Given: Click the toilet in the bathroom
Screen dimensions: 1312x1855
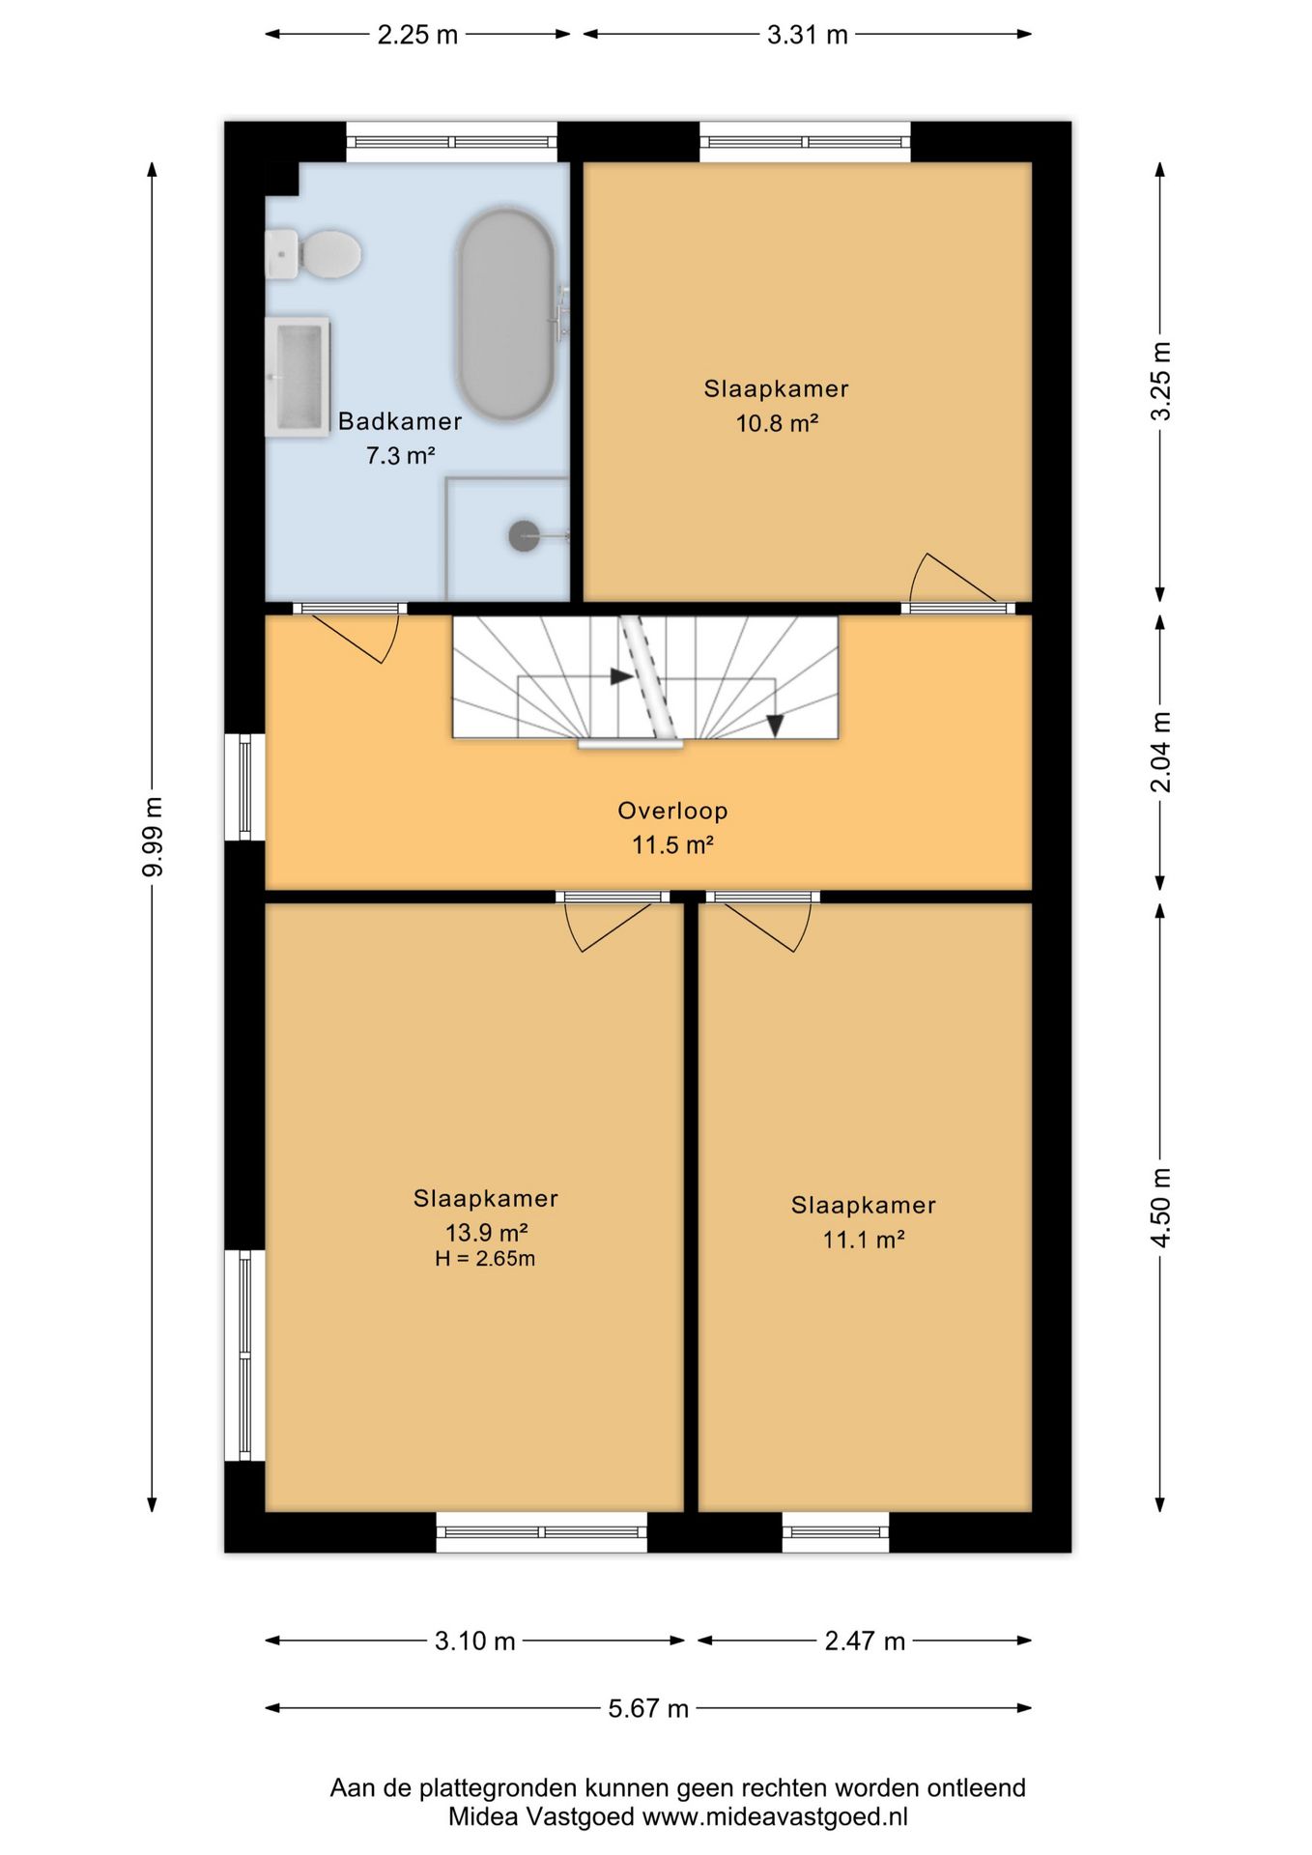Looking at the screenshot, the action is (313, 254).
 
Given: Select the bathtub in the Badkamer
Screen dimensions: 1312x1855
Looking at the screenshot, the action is (506, 314).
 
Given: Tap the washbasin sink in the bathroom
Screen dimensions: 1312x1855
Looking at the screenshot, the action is (298, 376).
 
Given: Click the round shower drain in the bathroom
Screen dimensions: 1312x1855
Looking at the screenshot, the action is (525, 535).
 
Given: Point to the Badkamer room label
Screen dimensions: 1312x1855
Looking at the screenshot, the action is (400, 421).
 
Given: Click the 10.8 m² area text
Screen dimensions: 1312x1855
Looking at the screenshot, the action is (778, 423).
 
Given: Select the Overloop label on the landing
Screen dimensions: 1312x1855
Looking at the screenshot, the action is (672, 811).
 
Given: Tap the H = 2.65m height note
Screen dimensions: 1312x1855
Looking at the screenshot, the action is (485, 1258).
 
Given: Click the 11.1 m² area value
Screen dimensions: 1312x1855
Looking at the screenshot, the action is (864, 1240).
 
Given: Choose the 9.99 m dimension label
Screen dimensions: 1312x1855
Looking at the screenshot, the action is (153, 837).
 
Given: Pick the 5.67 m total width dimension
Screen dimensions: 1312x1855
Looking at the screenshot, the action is (648, 1708).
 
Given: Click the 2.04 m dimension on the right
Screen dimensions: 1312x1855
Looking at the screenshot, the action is (1160, 752).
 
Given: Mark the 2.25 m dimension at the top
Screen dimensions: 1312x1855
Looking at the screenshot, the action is (417, 35).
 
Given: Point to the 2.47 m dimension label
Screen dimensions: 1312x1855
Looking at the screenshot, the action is (865, 1641).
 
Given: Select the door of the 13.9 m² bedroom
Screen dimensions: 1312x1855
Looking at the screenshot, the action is (611, 922).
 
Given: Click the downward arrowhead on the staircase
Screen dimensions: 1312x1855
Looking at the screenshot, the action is (775, 726).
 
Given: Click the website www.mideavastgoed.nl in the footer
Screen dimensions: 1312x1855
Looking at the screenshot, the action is (775, 1816).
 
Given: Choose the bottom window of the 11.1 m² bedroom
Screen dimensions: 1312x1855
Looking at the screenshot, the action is (836, 1532).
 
